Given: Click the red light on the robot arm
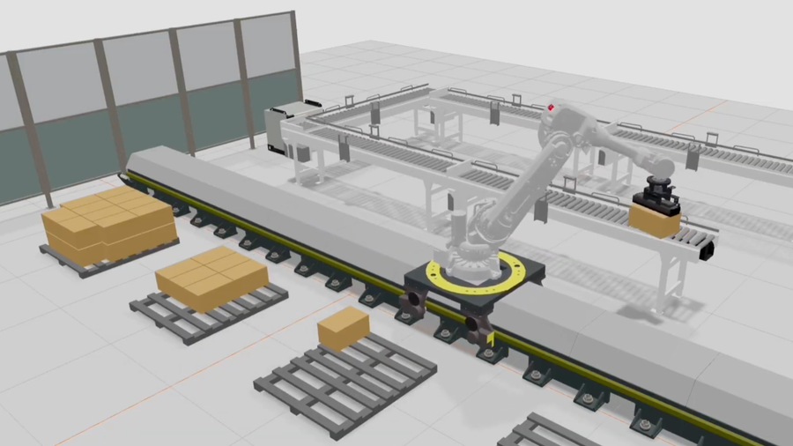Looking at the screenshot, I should click(x=552, y=108).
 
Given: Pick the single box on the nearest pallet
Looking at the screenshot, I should click(x=343, y=328).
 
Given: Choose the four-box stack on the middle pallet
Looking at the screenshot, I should click(x=211, y=277).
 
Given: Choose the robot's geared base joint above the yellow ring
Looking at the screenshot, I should click(x=471, y=250).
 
